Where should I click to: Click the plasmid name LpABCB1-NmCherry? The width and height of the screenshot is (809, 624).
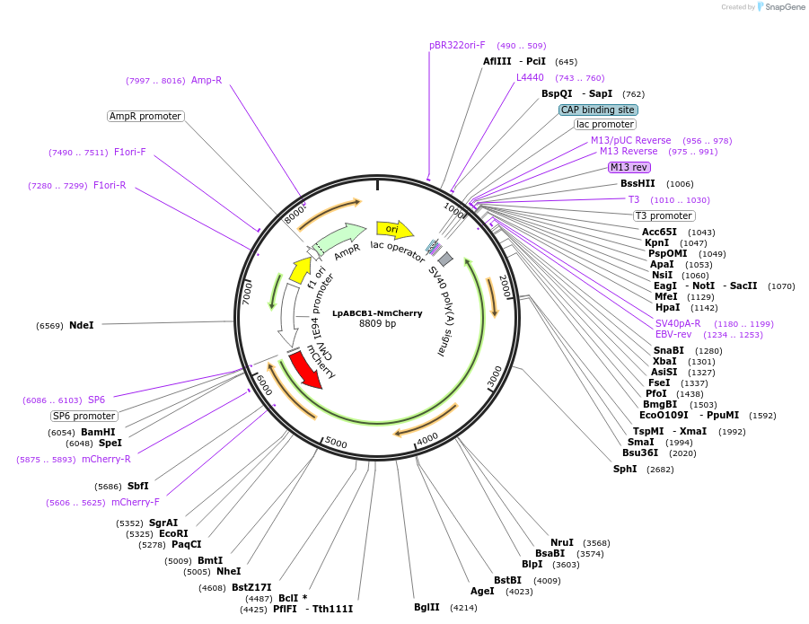pos(377,313)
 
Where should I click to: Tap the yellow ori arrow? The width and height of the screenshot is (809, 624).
pos(393,230)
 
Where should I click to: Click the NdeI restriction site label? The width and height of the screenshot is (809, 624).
pos(81,325)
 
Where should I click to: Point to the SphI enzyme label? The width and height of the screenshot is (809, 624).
pos(625,469)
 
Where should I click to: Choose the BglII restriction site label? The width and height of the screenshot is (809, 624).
pos(426,607)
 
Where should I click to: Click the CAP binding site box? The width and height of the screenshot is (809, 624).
pos(598,110)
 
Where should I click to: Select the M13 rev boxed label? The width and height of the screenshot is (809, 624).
pos(629,167)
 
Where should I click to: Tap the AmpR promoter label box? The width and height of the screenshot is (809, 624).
pos(145,116)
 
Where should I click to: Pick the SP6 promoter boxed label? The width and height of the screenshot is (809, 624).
pos(84,416)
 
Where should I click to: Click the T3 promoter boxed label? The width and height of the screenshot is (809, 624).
pos(664,215)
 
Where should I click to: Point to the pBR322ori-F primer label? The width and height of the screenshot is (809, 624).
pos(457,45)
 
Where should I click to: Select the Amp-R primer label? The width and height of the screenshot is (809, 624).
pos(206,80)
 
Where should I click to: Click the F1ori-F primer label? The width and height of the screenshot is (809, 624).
pos(129,152)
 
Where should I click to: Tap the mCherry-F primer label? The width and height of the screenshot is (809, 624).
pos(135,502)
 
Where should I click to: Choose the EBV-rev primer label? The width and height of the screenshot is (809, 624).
pos(673,334)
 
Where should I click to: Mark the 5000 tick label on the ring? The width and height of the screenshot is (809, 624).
pos(336,443)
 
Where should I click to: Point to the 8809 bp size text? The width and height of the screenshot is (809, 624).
pos(377,324)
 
